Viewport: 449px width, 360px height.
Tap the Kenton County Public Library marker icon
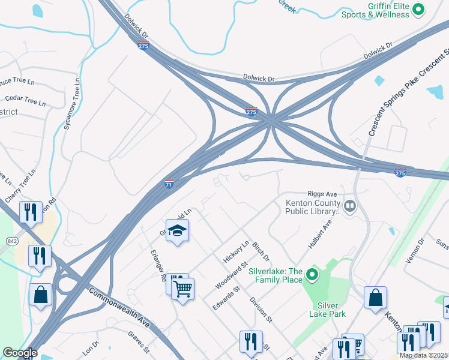pyautogui.click(x=349, y=208)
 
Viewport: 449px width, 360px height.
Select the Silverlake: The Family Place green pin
pyautogui.click(x=312, y=275)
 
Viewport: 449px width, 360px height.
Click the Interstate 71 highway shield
pyautogui.click(x=169, y=184)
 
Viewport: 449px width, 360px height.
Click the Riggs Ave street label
pyautogui.click(x=323, y=194)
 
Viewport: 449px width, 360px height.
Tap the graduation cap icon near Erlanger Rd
pyautogui.click(x=177, y=230)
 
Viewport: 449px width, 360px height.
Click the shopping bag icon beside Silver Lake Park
pyautogui.click(x=375, y=297)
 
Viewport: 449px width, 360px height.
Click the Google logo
pyautogui.click(x=20, y=353)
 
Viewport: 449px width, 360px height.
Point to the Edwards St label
pyautogui.click(x=226, y=298)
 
